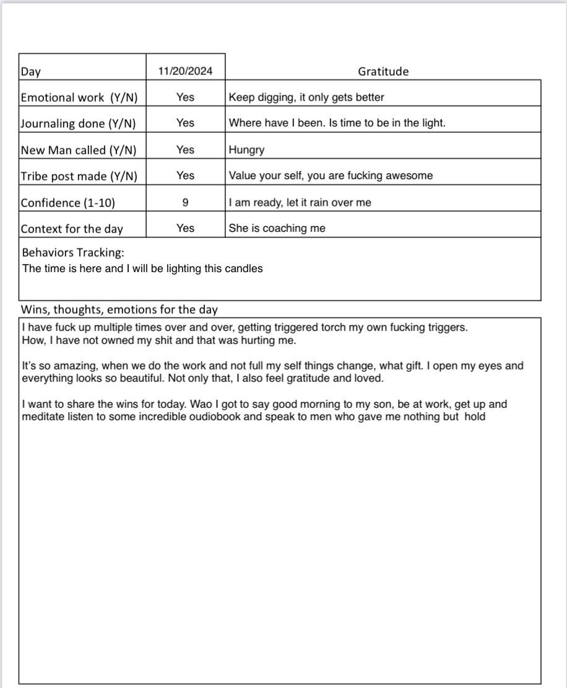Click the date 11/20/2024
185,71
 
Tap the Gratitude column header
383,71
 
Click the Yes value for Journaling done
185,123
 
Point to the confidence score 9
185,202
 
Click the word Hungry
246,149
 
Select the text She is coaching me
277,228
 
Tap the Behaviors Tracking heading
74,253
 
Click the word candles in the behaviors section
246,268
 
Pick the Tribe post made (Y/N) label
79,176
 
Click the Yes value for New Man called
185,149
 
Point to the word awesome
411,175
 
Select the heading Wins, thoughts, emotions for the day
119,309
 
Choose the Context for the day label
72,229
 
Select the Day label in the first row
30,71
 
